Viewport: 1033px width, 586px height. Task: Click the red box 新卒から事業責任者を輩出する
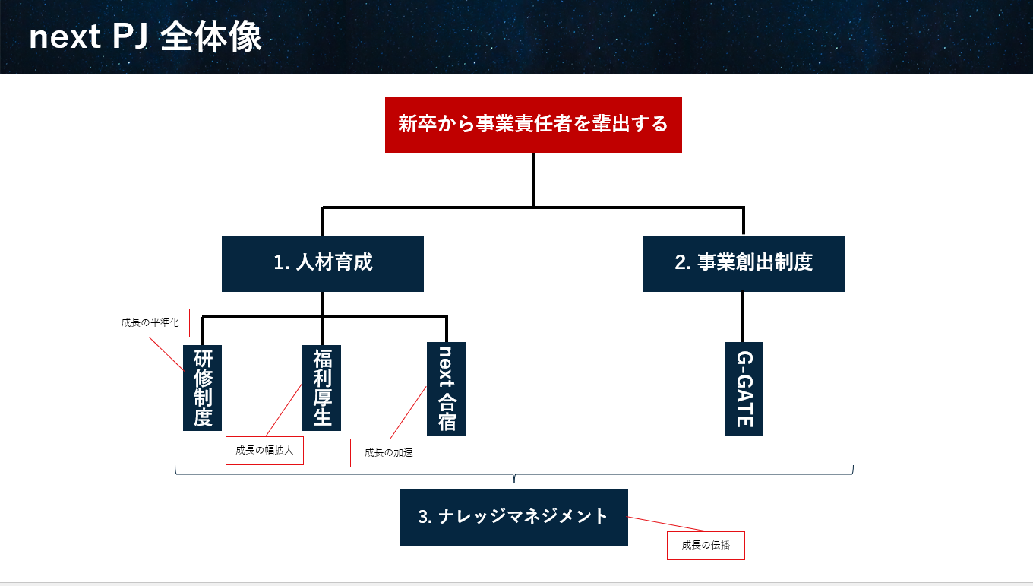tap(533, 124)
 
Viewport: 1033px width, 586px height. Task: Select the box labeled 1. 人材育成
tap(323, 263)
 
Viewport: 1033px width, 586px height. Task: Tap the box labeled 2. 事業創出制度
tap(743, 263)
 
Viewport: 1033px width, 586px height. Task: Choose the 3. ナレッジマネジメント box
tap(513, 517)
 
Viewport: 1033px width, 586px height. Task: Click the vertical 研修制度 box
tap(202, 388)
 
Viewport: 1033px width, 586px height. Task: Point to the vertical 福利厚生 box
tap(322, 388)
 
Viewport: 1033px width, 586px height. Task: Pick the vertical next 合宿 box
tap(446, 388)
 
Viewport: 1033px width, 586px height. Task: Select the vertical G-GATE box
tap(744, 388)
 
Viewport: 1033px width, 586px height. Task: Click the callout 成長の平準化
tap(150, 322)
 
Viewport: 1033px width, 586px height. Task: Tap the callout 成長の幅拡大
tap(264, 450)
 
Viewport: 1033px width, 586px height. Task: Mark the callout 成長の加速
tap(389, 452)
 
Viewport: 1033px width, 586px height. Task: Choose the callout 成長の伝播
tap(706, 545)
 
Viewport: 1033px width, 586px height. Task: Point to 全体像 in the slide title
tap(211, 37)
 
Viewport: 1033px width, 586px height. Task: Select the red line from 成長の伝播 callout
tap(667, 524)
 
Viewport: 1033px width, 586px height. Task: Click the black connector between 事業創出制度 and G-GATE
tap(743, 317)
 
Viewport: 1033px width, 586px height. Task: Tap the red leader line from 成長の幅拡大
tap(283, 410)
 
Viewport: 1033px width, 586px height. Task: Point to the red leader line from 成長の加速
tap(408, 412)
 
